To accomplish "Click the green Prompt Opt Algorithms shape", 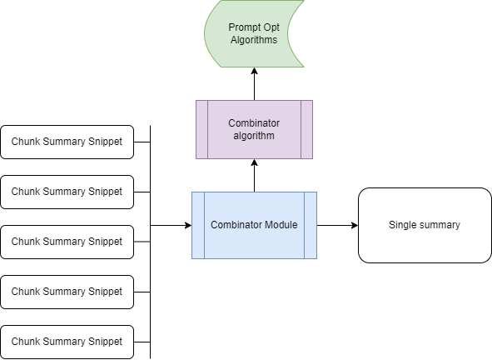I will click(254, 34).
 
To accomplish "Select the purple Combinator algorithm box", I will click(254, 129).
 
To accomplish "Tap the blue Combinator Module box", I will click(254, 225).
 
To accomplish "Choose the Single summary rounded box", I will click(425, 225).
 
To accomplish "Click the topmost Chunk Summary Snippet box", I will click(67, 142).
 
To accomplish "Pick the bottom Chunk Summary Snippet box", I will click(67, 342).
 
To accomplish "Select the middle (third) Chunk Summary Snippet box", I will click(67, 242).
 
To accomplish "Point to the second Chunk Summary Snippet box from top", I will click(67, 192).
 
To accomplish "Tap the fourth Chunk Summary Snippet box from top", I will click(67, 292).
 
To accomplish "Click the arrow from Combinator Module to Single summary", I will click(337, 225).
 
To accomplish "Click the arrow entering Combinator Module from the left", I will click(171, 225).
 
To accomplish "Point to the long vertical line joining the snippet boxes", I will click(150, 267).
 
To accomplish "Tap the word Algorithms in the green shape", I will click(254, 39).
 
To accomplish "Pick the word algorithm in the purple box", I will click(254, 135).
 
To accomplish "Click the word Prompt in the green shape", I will click(244, 27).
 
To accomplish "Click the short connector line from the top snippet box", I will click(142, 142).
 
